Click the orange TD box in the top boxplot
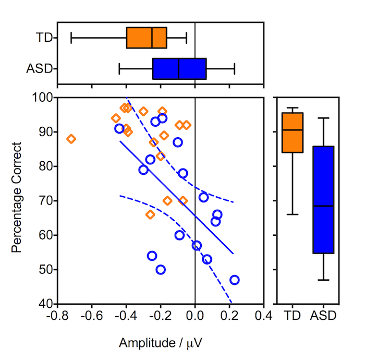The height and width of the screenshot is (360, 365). coord(147,38)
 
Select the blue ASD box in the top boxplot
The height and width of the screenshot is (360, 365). coord(179,69)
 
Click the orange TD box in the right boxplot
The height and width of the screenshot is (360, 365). coord(293,133)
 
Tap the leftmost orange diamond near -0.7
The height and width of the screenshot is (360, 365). coord(71,139)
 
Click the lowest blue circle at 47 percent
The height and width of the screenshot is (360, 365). coord(235,280)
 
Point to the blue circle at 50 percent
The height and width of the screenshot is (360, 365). coord(161,270)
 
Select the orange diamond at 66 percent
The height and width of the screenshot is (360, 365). coord(150,214)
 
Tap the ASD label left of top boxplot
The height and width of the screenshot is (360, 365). coord(40,69)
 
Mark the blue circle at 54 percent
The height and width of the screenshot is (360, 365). coord(152,256)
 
